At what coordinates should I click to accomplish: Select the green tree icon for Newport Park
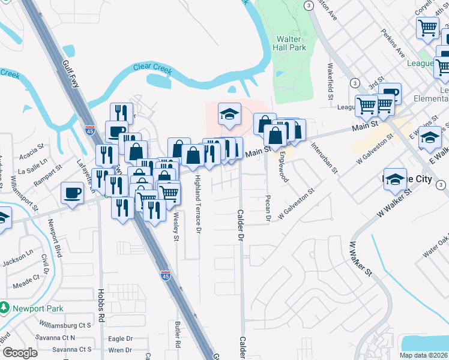coord(4,308)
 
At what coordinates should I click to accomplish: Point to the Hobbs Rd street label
coord(100,304)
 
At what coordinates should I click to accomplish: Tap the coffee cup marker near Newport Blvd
coord(73,193)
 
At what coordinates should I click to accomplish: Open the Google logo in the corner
coord(19,353)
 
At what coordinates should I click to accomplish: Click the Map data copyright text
coord(424,355)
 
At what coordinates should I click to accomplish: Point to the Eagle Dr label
coord(120,338)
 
